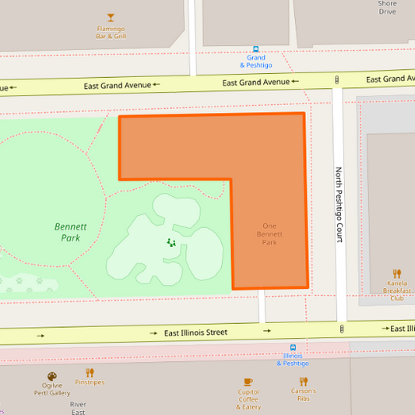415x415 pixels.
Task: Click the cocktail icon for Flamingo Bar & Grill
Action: tap(111, 17)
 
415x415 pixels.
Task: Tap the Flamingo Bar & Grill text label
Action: tap(111, 33)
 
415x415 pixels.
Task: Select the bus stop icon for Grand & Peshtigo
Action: tap(256, 47)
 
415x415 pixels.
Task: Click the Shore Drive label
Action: tap(387, 8)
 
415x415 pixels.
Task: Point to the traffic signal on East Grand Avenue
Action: tap(337, 79)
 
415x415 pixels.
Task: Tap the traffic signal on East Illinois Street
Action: tap(342, 329)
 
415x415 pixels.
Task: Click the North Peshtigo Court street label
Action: tap(339, 204)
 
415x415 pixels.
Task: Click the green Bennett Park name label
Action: tap(70, 232)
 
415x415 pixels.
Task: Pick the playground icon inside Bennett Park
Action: tap(171, 242)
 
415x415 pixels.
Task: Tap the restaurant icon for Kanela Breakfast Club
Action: tap(397, 273)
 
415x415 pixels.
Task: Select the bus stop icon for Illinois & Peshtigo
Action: tap(293, 347)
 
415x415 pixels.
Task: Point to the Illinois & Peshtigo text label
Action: tap(293, 360)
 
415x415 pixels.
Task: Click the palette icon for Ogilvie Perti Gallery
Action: tap(51, 376)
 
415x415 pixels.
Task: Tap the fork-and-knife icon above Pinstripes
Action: tap(90, 371)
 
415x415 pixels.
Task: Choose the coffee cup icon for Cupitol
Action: tap(249, 382)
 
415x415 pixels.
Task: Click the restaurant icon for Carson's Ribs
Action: tap(304, 381)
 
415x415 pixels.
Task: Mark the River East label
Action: tap(78, 408)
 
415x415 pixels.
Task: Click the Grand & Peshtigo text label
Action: tap(256, 61)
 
